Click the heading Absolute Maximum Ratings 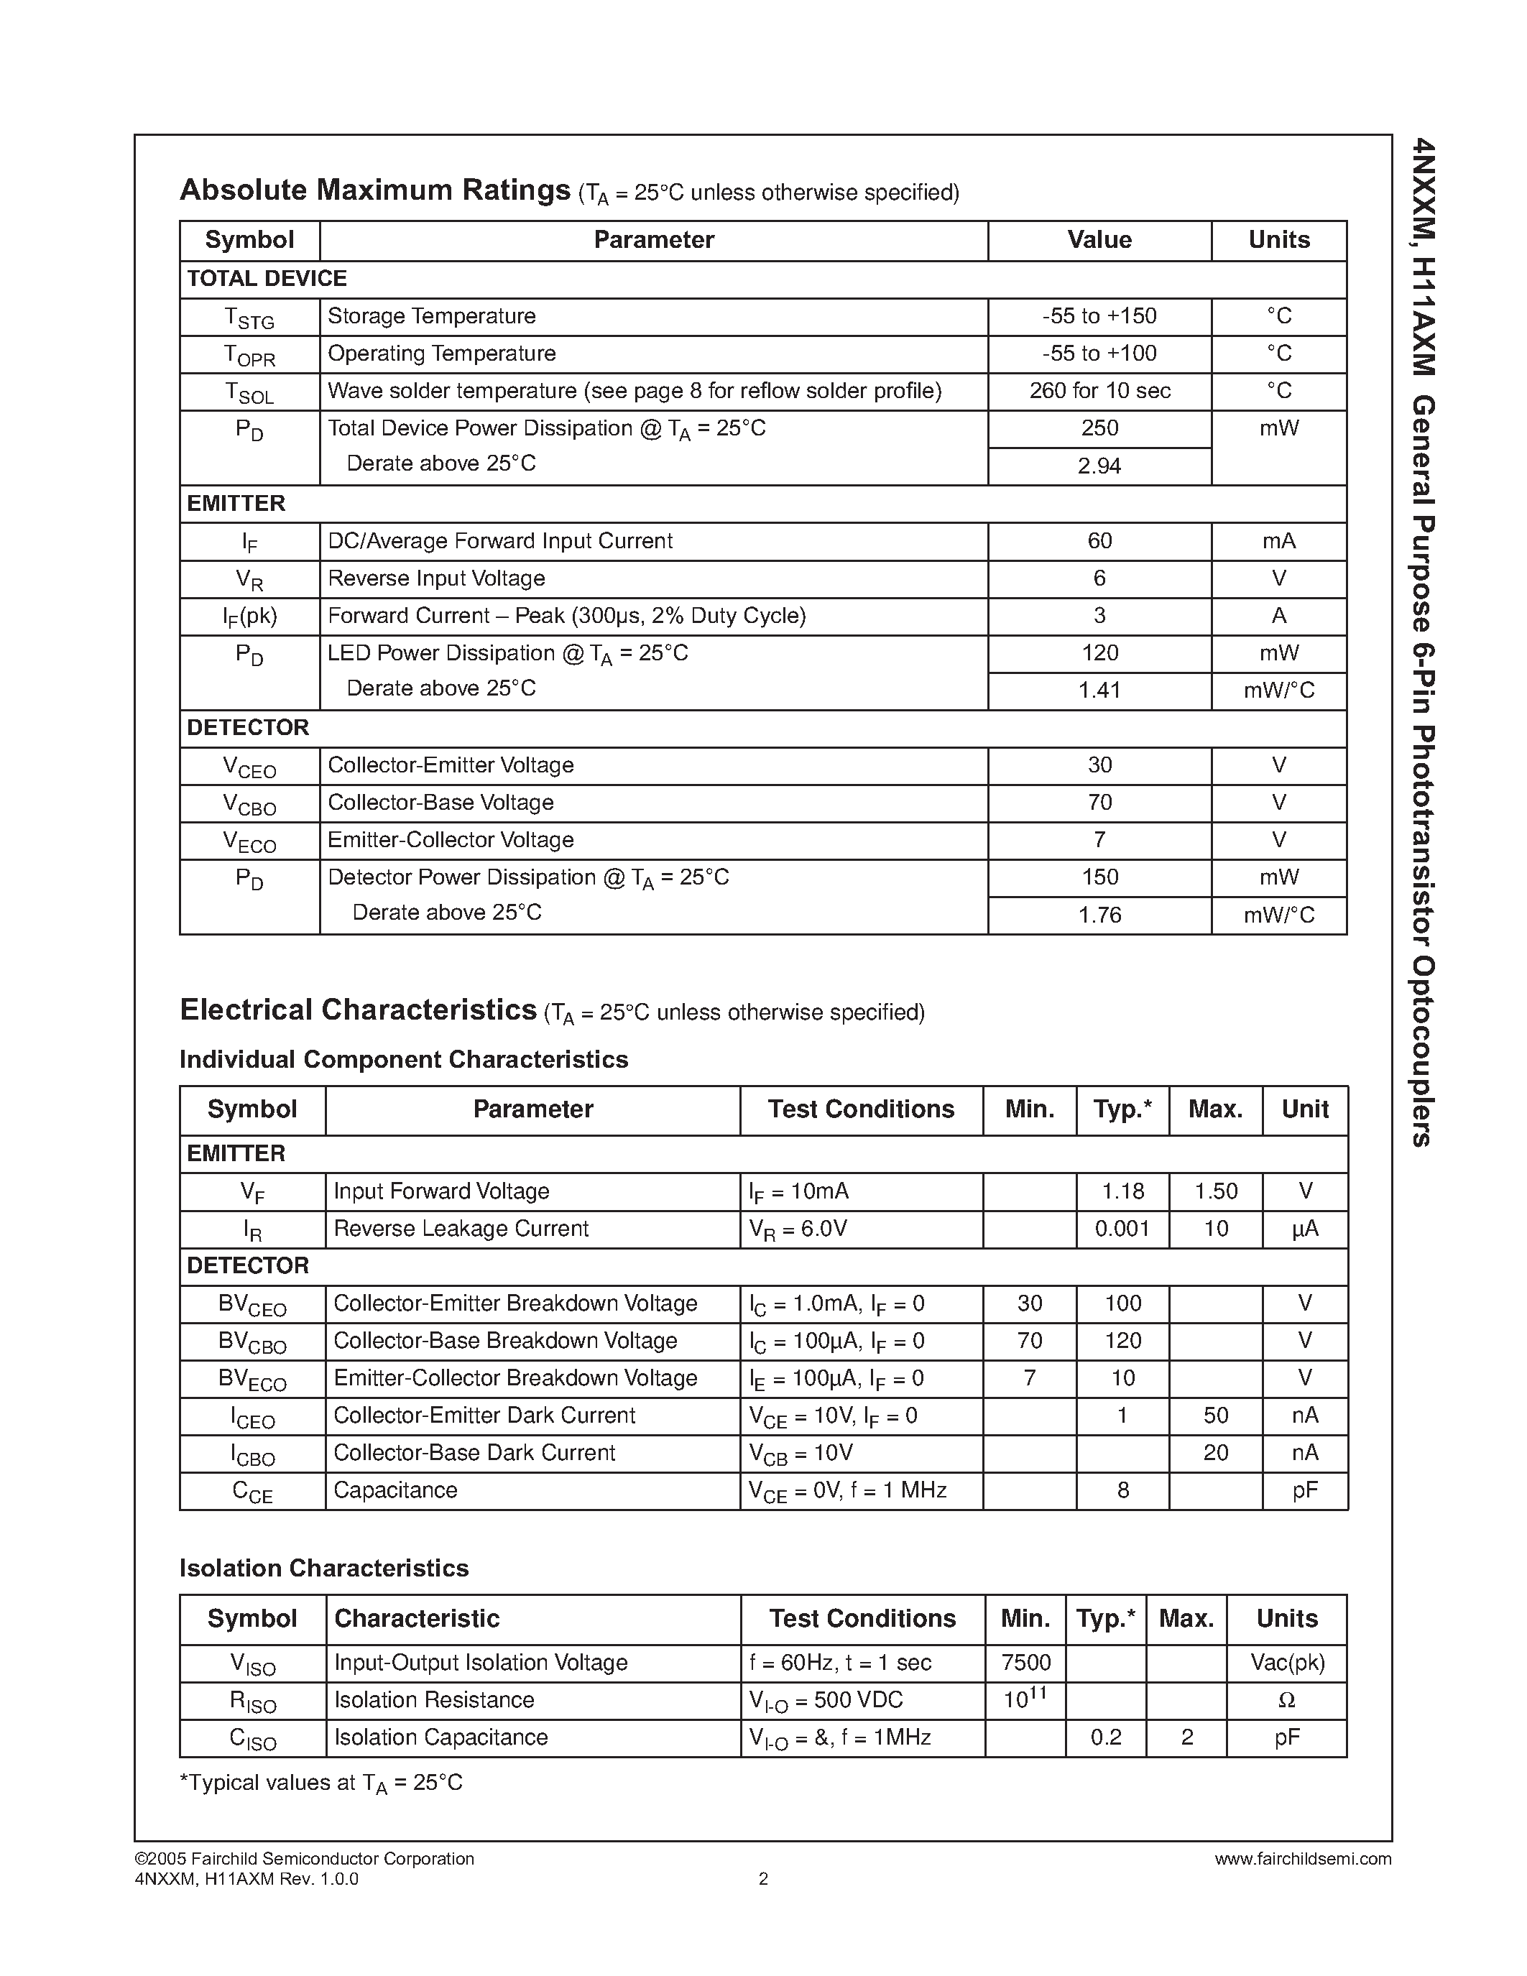point(374,190)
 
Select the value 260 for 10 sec point(1099,391)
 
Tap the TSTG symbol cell point(249,318)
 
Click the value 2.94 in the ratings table point(1099,466)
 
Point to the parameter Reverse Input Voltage point(436,578)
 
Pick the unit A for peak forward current point(1278,616)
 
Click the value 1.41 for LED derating point(1099,691)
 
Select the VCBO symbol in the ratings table point(249,803)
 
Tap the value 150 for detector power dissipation point(1099,877)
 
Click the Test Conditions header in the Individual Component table point(860,1109)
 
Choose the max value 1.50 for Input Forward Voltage point(1215,1191)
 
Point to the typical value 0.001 point(1122,1229)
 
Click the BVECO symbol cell point(252,1380)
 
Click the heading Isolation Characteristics point(324,1568)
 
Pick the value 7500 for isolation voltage point(1026,1663)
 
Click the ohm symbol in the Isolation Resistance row point(1286,1701)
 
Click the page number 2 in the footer point(762,1879)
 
